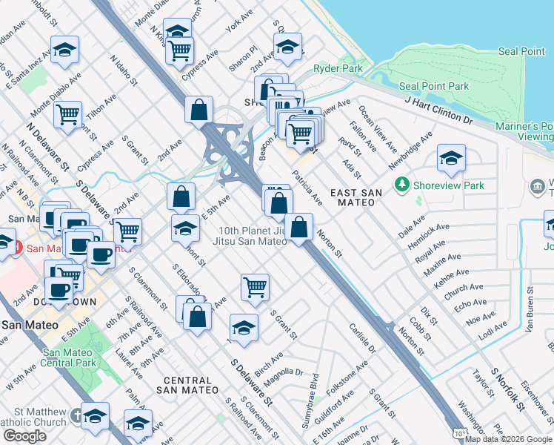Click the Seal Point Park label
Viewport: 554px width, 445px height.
pos(435,86)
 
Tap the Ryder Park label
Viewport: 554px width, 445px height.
pos(332,68)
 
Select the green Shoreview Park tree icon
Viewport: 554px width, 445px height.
pos(402,182)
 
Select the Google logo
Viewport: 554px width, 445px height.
pos(24,436)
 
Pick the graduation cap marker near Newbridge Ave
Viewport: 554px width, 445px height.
pos(450,157)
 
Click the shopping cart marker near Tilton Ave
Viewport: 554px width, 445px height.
pos(67,115)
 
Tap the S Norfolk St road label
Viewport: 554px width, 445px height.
pos(508,389)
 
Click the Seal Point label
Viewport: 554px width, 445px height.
pos(521,51)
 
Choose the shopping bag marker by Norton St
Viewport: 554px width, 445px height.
pos(298,227)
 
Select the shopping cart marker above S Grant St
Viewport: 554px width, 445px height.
pos(254,287)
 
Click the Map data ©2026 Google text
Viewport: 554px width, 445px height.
pos(508,439)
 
